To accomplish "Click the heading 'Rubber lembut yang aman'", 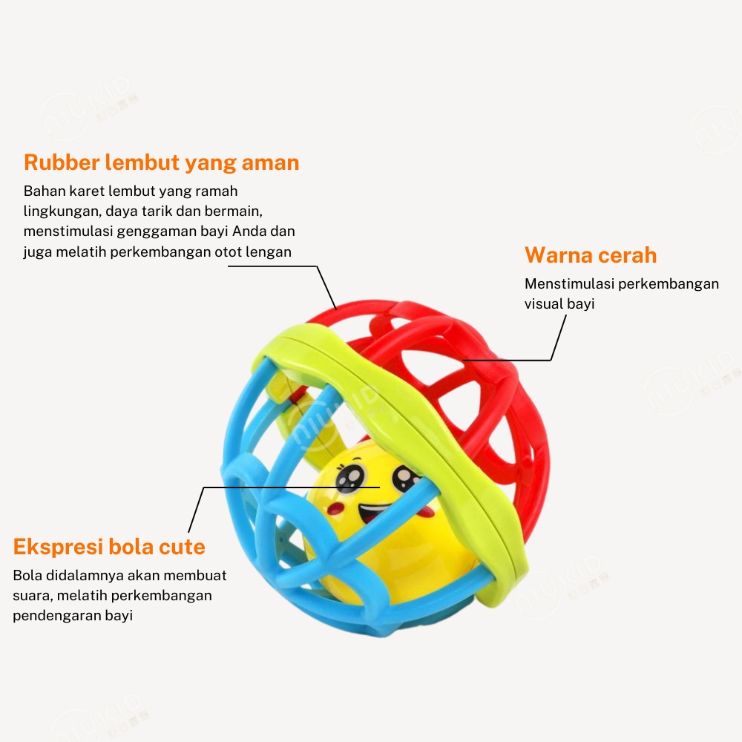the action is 161,162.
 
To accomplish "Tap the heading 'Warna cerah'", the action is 591,255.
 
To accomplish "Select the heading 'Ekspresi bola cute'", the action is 109,548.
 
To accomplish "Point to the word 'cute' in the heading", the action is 182,548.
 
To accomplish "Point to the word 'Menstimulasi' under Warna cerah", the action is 569,283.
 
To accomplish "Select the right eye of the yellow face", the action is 404,479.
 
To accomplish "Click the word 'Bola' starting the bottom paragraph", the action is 27,575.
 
